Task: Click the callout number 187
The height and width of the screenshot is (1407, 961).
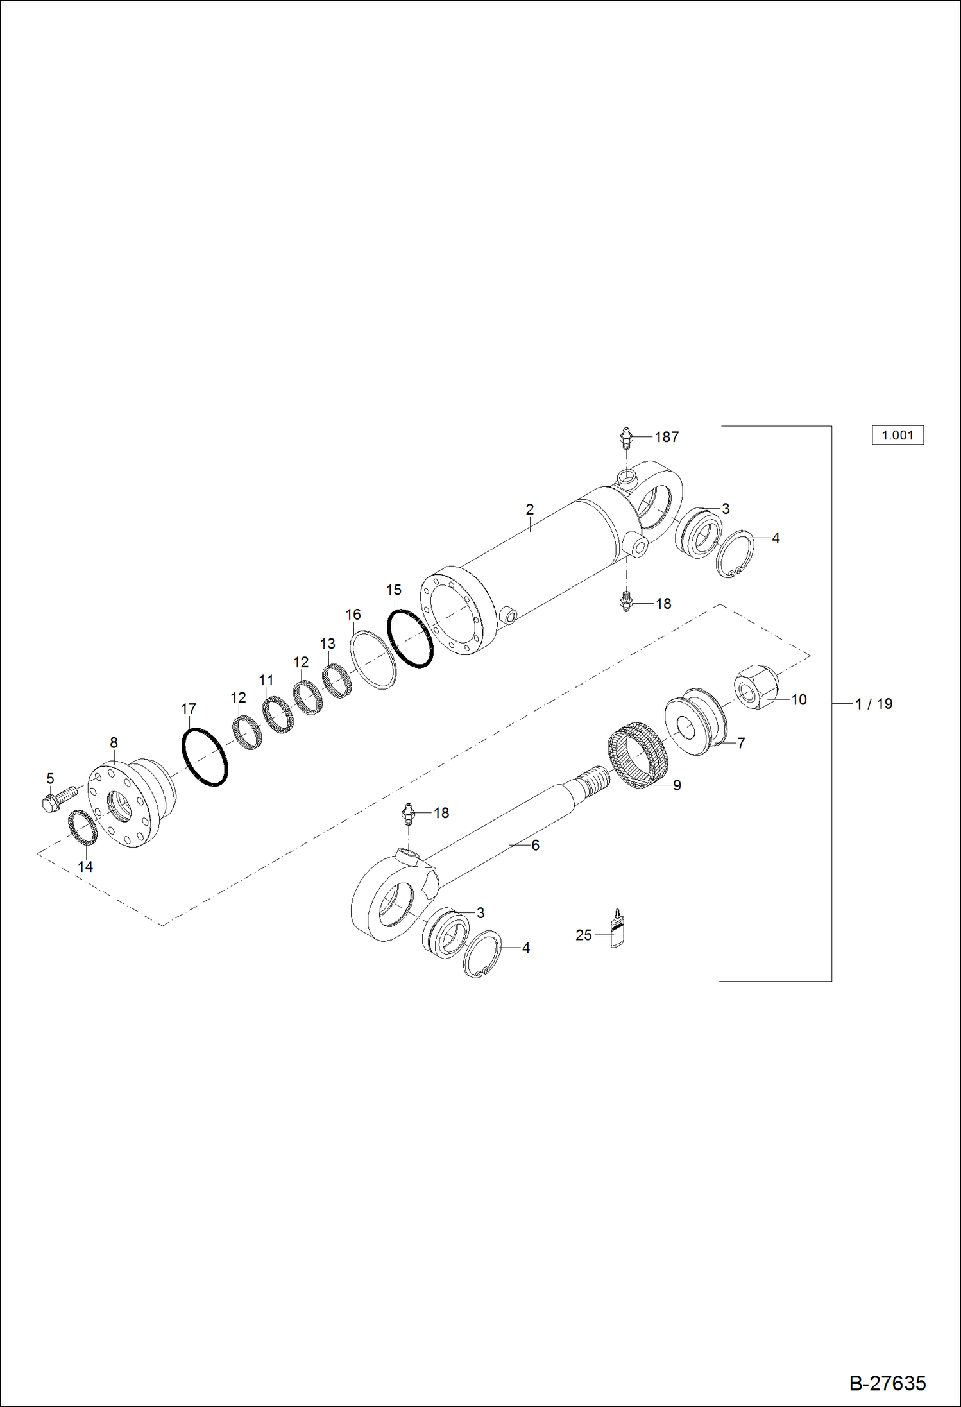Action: point(667,437)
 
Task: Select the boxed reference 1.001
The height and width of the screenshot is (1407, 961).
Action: point(897,435)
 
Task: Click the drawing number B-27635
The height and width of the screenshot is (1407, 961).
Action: point(887,1383)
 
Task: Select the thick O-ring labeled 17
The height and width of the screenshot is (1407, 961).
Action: point(205,756)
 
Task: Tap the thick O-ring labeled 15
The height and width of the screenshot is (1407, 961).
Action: point(410,638)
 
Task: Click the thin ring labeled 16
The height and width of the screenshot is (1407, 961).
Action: point(373,660)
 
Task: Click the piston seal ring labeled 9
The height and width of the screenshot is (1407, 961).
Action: point(638,755)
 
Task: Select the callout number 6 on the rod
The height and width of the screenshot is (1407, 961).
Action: point(535,846)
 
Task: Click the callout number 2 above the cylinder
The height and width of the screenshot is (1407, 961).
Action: point(529,509)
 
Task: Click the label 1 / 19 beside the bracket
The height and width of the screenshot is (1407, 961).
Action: point(874,704)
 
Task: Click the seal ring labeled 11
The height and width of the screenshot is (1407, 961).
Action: point(278,715)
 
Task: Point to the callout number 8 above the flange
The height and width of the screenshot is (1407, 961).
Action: point(114,742)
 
